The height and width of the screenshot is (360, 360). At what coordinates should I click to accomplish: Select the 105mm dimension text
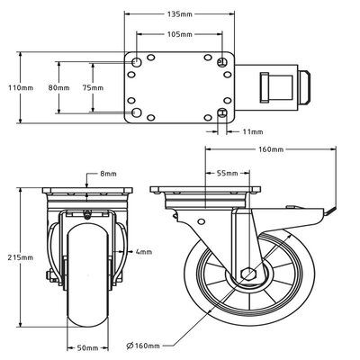point(180,34)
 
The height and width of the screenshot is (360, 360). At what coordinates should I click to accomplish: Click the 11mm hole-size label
point(253,131)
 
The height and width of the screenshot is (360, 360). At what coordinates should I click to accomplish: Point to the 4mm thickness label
point(143,253)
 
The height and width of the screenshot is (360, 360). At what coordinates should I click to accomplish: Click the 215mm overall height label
point(21,257)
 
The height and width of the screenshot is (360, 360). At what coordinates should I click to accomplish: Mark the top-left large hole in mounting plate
point(136,62)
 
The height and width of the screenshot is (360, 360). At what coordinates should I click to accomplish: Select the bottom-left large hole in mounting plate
point(136,112)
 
